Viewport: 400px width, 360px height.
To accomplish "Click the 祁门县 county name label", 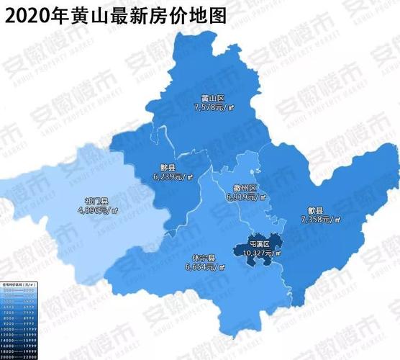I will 96,202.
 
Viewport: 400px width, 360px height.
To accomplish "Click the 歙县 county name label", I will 316,209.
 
